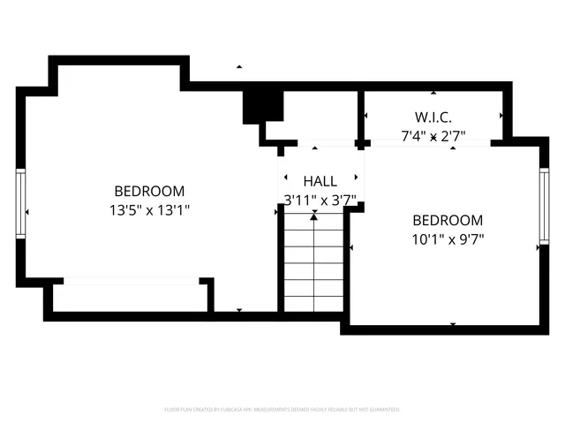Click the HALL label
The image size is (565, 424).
tap(320, 181)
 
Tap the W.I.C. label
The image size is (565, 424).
tap(433, 117)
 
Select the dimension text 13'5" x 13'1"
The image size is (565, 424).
tap(150, 210)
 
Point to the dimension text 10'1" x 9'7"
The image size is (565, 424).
tap(448, 238)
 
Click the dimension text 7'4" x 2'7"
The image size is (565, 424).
tap(433, 136)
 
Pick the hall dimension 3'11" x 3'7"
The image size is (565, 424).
tap(320, 201)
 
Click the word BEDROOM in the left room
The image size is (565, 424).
tap(150, 191)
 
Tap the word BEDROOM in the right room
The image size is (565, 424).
tap(448, 220)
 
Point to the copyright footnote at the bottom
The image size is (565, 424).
tap(282, 410)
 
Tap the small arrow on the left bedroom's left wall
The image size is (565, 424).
tap(28, 212)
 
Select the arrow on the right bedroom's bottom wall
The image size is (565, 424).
tap(453, 324)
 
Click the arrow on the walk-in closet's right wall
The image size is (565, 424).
tap(501, 116)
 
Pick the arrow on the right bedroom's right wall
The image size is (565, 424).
tap(537, 248)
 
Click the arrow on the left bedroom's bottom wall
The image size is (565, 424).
tap(239, 310)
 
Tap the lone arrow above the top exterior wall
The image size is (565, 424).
tap(238, 67)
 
